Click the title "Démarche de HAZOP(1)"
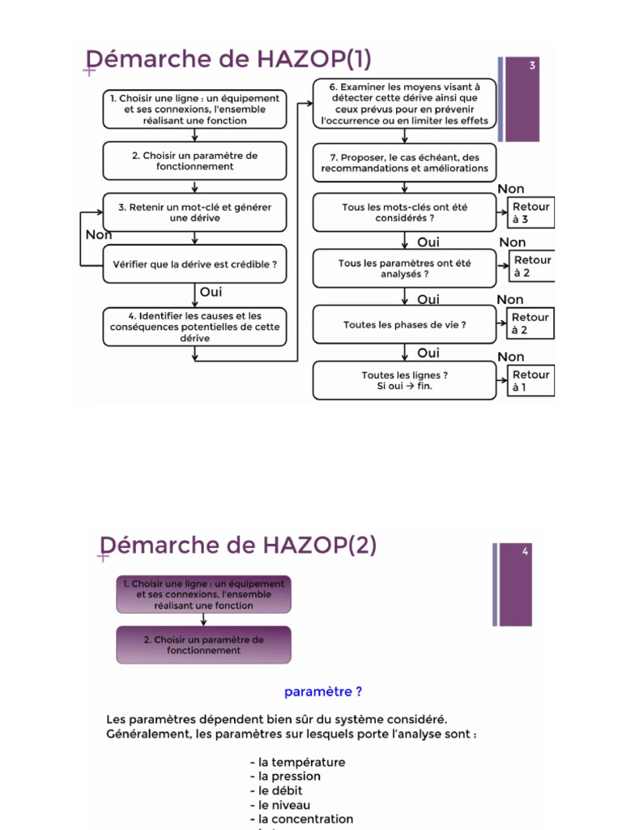click(x=229, y=60)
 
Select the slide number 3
click(x=532, y=66)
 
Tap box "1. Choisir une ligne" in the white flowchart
click(x=194, y=109)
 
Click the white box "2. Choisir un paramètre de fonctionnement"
click(x=194, y=160)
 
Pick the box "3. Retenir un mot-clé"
click(x=194, y=212)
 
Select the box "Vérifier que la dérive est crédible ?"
click(x=194, y=264)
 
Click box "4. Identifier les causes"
click(x=194, y=327)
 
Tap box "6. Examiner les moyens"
click(x=404, y=104)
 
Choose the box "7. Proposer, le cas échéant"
click(x=404, y=163)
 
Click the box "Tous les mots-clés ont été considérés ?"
click(x=404, y=212)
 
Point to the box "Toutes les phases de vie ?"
click(x=404, y=325)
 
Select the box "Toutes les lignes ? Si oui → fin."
click(x=404, y=380)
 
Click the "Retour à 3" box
click(x=531, y=213)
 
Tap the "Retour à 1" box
click(x=531, y=381)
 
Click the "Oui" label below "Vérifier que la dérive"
click(x=211, y=293)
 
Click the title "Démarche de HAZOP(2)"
click(x=237, y=545)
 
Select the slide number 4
click(x=525, y=552)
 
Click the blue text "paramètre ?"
click(x=323, y=692)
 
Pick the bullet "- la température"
click(x=297, y=762)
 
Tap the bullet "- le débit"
click(x=279, y=790)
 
